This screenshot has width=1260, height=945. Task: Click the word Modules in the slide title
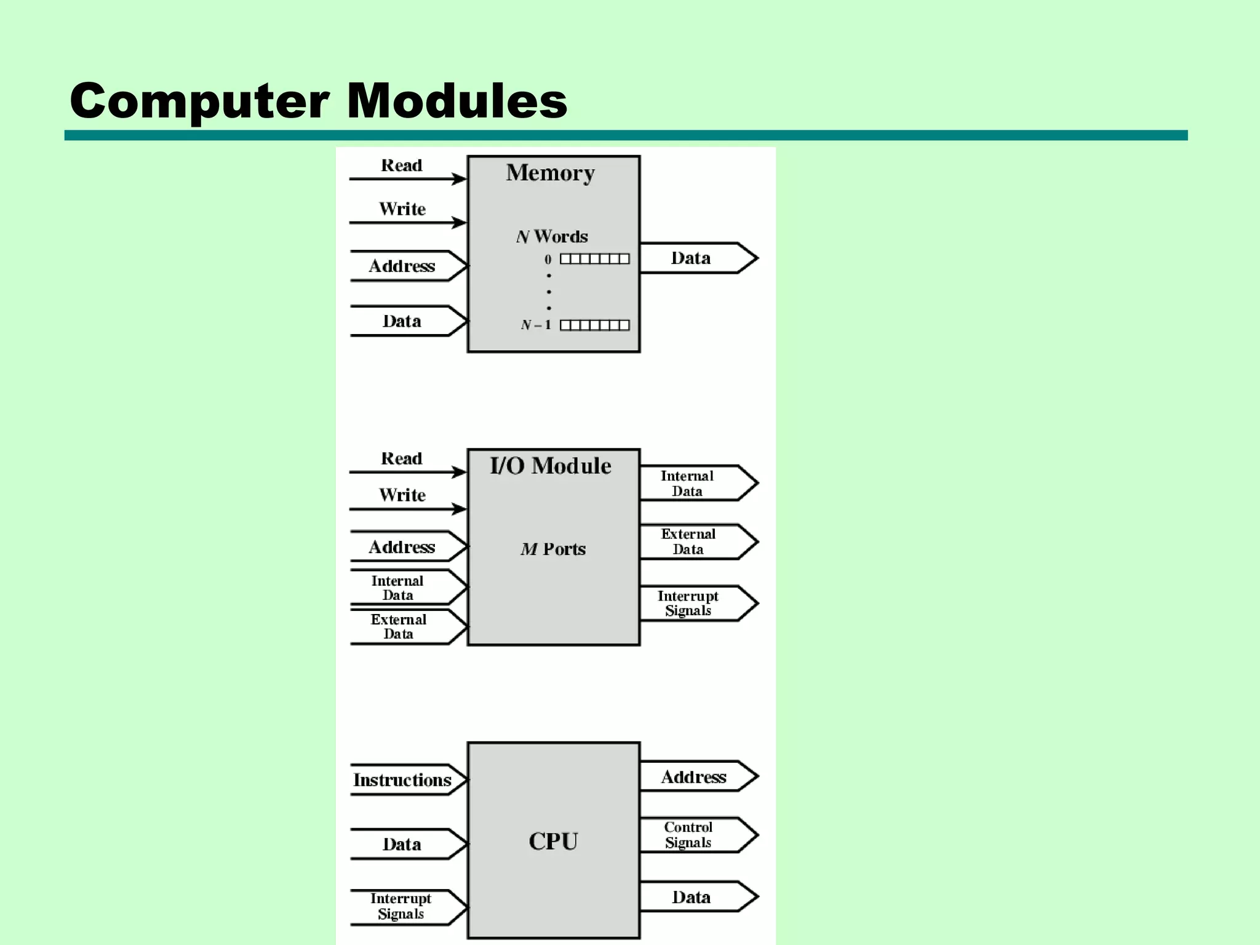pos(457,101)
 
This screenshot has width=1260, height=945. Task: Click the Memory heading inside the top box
pos(550,173)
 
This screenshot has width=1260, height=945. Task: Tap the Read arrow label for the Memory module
pos(402,165)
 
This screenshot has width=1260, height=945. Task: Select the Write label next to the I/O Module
pos(402,495)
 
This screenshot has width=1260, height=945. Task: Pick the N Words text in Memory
pos(552,236)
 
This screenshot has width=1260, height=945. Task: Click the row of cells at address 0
pos(594,259)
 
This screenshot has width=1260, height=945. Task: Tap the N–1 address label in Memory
pos(535,325)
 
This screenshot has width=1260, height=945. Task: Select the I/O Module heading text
pos(550,466)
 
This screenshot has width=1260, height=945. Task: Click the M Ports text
pos(552,549)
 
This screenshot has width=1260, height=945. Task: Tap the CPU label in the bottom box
pos(552,841)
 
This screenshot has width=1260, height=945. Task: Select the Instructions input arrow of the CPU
pos(403,780)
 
